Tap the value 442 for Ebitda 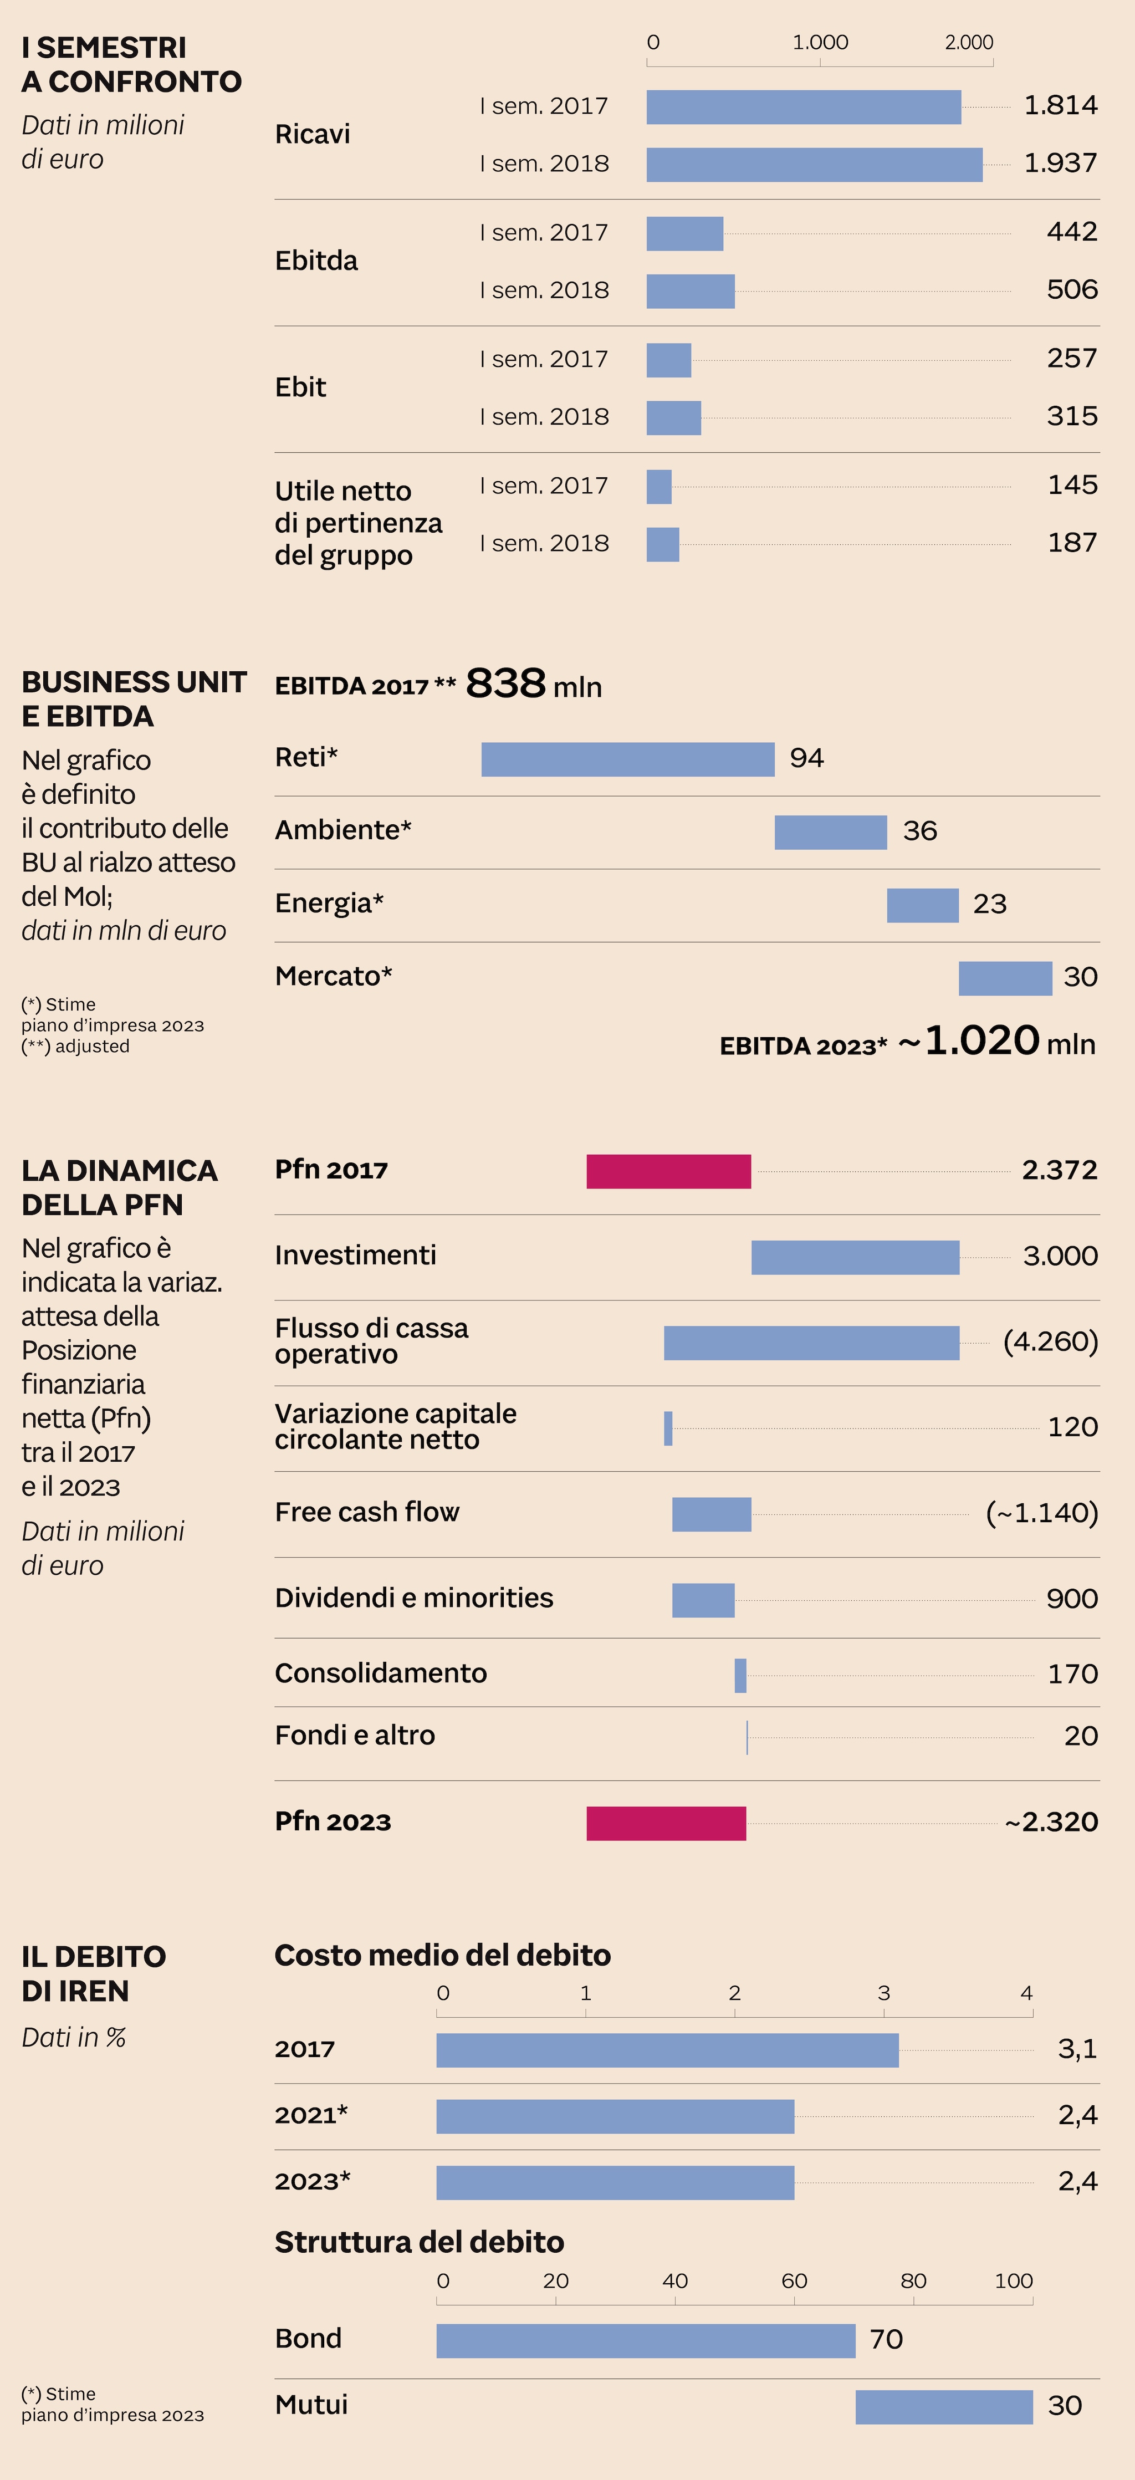[x=1071, y=232]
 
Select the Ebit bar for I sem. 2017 [x=668, y=360]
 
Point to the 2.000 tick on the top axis [x=968, y=42]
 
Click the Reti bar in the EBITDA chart [x=628, y=759]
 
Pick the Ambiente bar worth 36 [x=830, y=832]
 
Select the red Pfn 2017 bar [x=668, y=1171]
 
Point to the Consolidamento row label [x=380, y=1673]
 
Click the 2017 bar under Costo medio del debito [x=667, y=2050]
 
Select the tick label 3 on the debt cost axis [x=884, y=1993]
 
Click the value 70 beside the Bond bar [x=886, y=2339]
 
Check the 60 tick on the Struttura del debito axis [x=794, y=2280]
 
